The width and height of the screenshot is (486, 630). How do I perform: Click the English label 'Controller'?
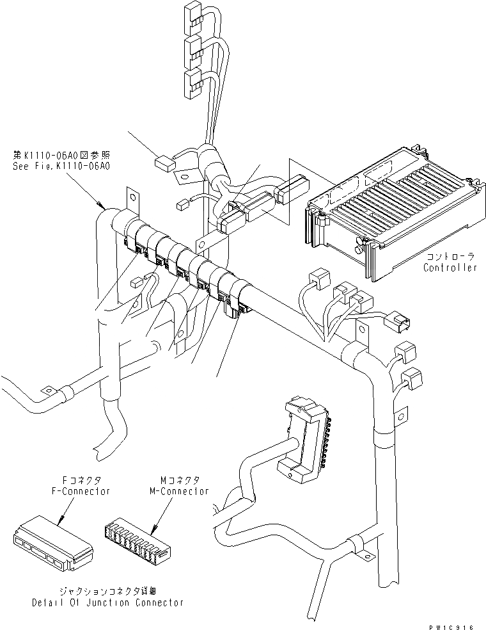[449, 268]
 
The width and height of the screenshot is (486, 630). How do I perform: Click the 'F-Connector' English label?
[81, 491]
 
